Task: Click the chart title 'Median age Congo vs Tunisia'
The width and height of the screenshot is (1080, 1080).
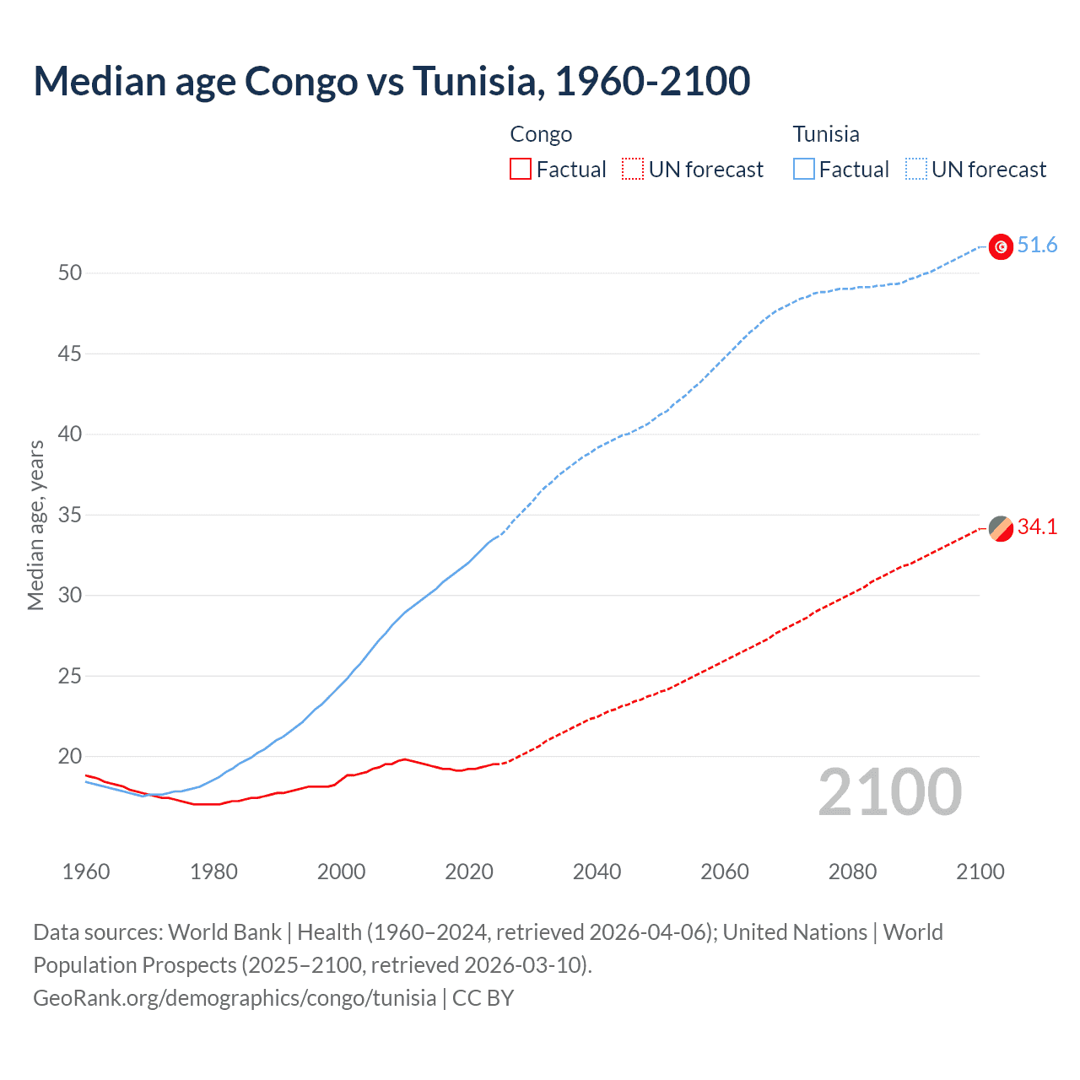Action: coord(391,81)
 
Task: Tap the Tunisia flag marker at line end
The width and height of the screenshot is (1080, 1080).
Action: coord(1001,246)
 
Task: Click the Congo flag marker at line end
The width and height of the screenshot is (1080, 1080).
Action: coord(1001,528)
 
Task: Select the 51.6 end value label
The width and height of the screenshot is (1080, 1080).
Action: coord(1037,246)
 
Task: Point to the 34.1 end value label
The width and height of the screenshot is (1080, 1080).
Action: coord(1037,527)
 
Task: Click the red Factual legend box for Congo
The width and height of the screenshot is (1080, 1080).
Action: coord(521,170)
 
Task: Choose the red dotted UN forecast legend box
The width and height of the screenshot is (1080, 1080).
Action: coord(633,170)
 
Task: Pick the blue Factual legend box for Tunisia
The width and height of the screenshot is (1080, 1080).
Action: coord(804,170)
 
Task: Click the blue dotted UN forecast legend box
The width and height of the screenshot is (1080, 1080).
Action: coord(916,170)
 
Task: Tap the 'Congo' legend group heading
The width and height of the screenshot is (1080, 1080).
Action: coord(541,134)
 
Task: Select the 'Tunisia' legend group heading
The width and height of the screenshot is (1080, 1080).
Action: coord(826,134)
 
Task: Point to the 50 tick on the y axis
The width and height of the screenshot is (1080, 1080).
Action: coord(70,273)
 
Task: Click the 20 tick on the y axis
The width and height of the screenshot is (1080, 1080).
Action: coord(70,756)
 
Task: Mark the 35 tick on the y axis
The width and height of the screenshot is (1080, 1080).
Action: coord(70,515)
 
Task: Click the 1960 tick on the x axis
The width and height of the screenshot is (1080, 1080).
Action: coord(86,872)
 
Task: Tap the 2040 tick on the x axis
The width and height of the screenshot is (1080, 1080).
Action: coord(597,872)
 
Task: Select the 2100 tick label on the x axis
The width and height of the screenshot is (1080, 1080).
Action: coord(980,872)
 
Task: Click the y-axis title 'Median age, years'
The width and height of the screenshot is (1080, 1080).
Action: coord(35,525)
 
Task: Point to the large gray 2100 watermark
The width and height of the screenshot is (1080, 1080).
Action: coord(889,792)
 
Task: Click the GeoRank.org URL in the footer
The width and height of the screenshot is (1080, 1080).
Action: coord(235,998)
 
